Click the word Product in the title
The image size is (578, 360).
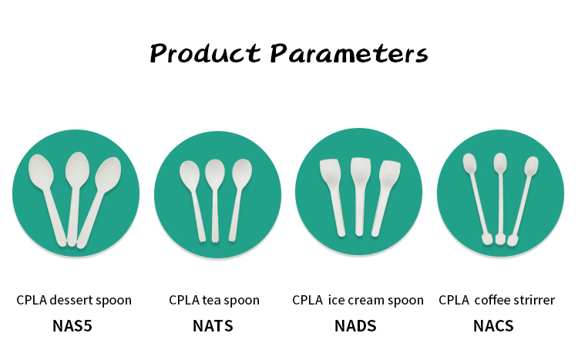pos(205,53)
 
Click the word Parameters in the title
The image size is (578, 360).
pos(349,53)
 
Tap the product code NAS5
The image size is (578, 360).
pos(72,326)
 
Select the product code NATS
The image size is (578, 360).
pos(213,326)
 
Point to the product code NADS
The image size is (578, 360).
pos(355,326)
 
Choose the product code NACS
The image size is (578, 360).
pos(493,326)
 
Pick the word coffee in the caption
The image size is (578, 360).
pos(492,300)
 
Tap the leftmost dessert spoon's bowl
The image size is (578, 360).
pos(41,171)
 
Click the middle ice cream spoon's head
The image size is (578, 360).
pos(361,170)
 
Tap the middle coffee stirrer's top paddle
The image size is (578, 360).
pos(500,163)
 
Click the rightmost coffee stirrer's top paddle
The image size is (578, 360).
pos(531,166)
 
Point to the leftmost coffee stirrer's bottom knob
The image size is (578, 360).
pos(487,239)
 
